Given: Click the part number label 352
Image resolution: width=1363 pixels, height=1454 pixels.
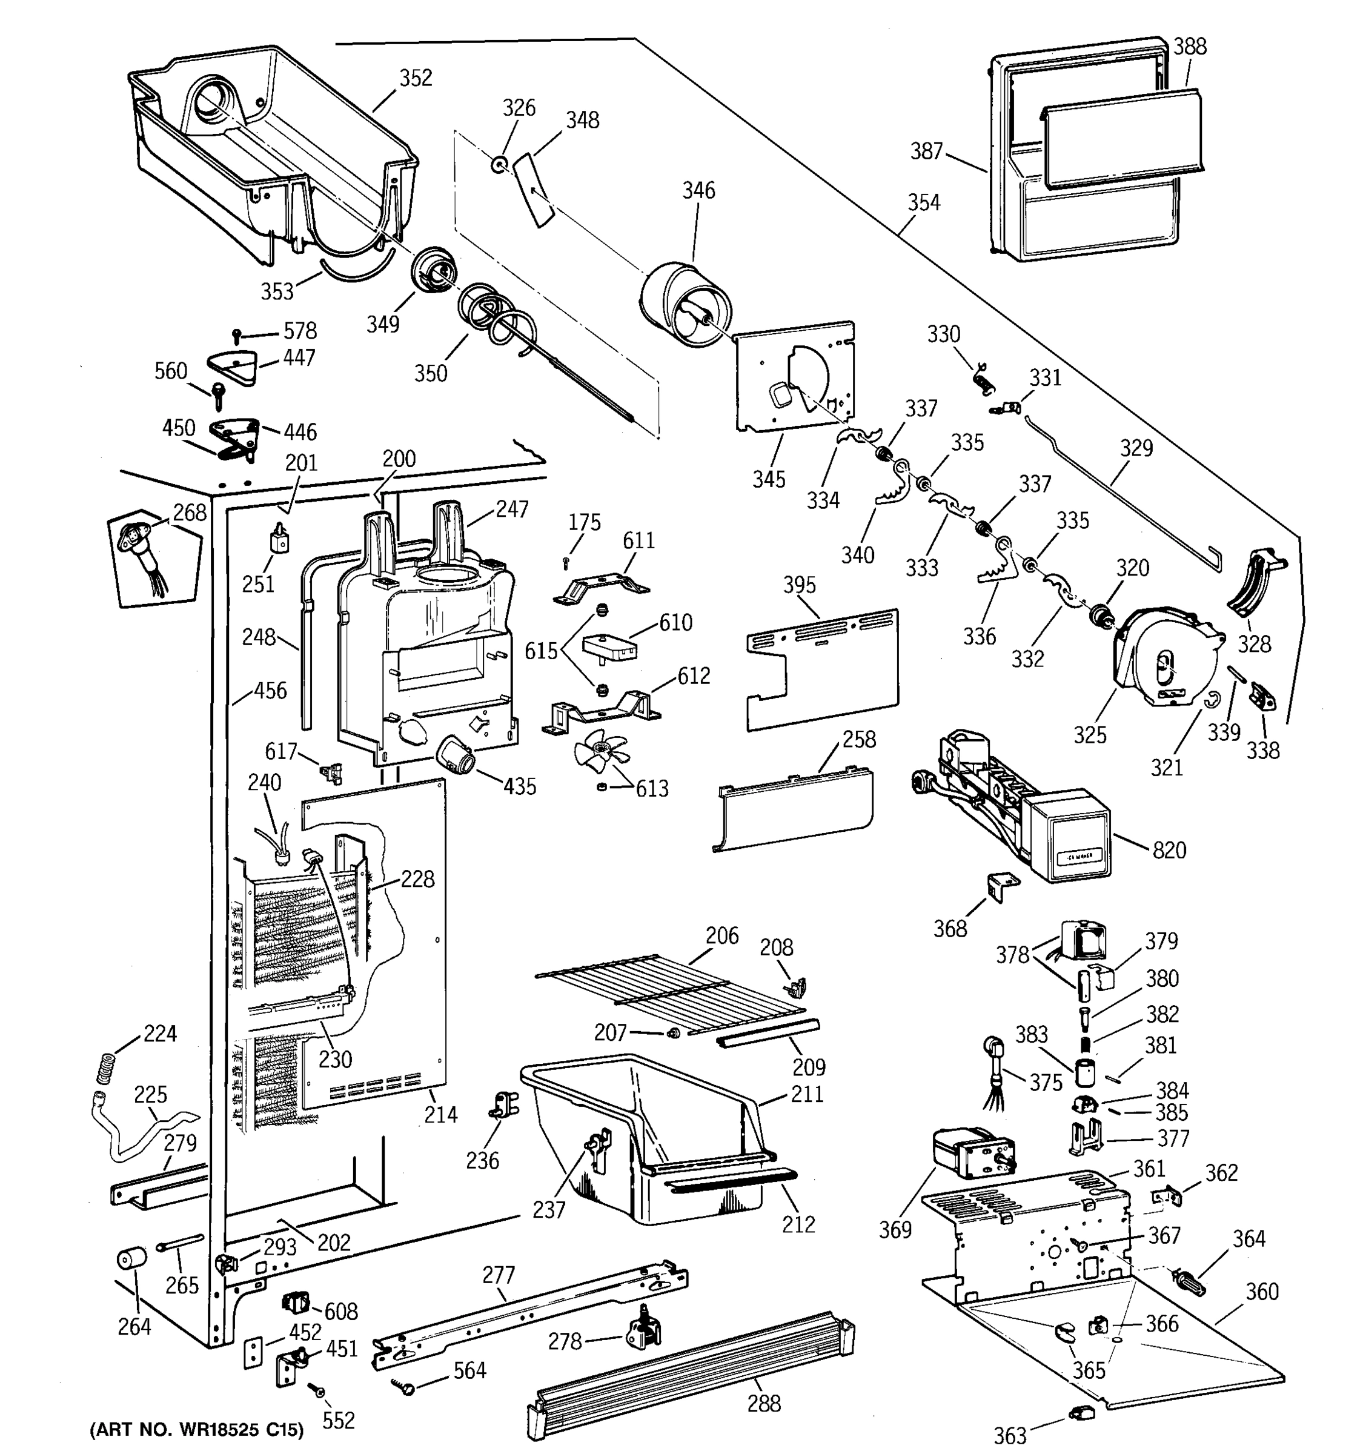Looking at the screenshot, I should coord(416,78).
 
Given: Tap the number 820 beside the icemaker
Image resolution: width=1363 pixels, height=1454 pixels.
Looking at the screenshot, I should coord(1169,850).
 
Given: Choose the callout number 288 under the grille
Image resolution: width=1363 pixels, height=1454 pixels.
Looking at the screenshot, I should coord(763,1403).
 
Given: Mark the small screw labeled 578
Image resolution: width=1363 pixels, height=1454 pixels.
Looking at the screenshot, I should coord(236,336).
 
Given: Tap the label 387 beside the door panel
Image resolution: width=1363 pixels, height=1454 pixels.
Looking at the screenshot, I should coord(926,151).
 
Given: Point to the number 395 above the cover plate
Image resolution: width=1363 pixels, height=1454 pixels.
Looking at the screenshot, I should coord(799,585).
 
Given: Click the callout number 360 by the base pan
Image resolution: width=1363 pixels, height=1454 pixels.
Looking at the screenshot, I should coord(1262,1291).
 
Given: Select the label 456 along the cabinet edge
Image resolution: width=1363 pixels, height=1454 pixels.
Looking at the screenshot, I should coord(270,691).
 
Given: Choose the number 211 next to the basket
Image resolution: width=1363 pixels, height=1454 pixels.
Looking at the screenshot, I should coord(806,1094).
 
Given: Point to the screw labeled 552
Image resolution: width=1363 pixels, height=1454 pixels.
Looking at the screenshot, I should coord(317,1387).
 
